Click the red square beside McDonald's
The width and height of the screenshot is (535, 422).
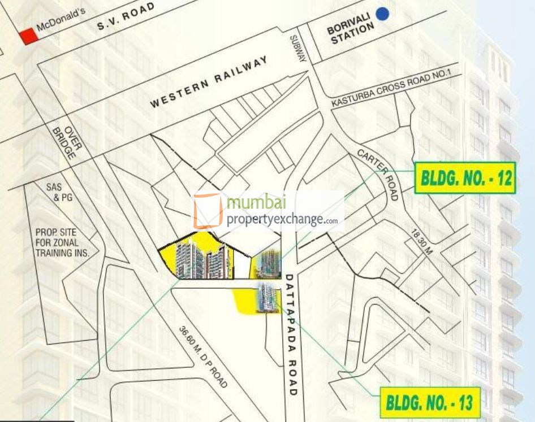(x=27, y=36)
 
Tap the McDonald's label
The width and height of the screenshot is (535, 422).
(x=61, y=21)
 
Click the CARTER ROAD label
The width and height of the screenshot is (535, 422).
(x=378, y=176)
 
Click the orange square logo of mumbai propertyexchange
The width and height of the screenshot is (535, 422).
(x=208, y=211)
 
